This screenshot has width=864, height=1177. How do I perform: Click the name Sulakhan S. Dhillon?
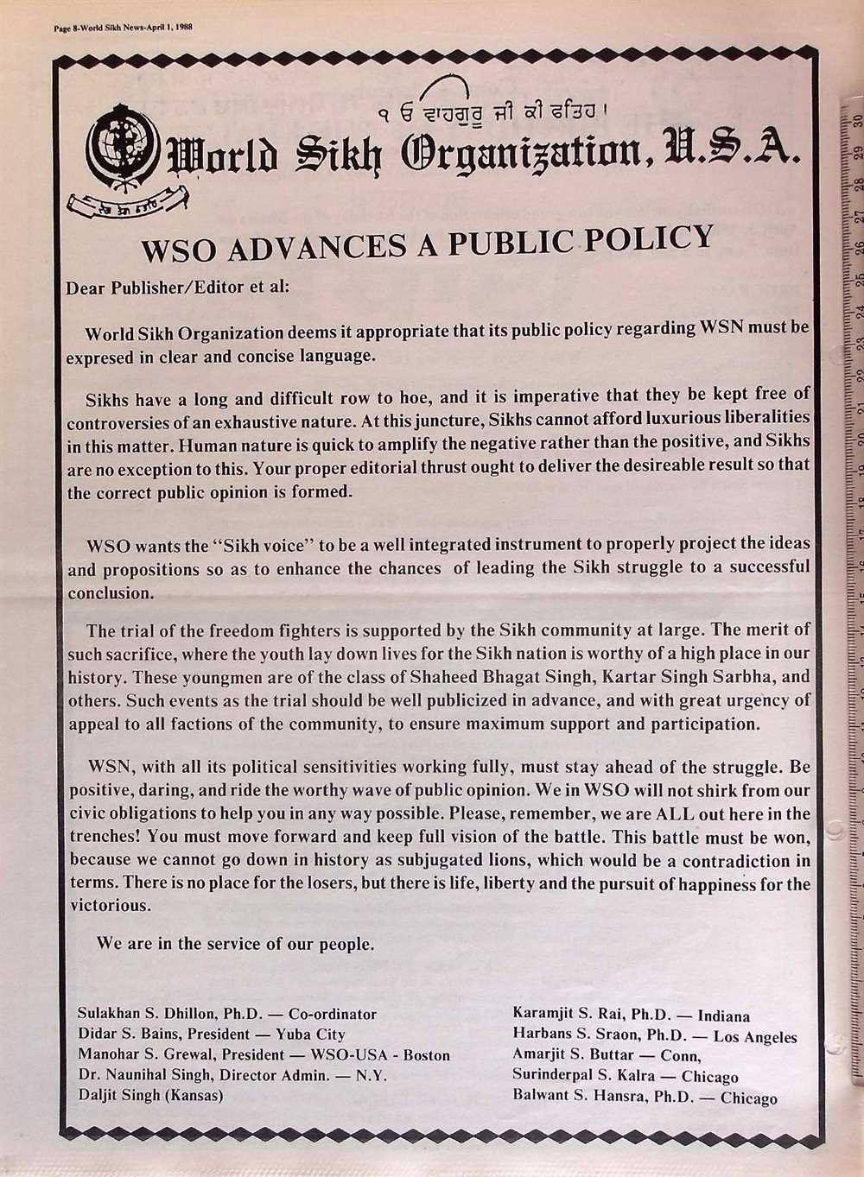coord(148,1014)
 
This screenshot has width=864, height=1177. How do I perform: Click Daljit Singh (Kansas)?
coord(150,1095)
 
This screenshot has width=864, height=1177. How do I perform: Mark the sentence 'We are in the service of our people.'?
coord(235,944)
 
